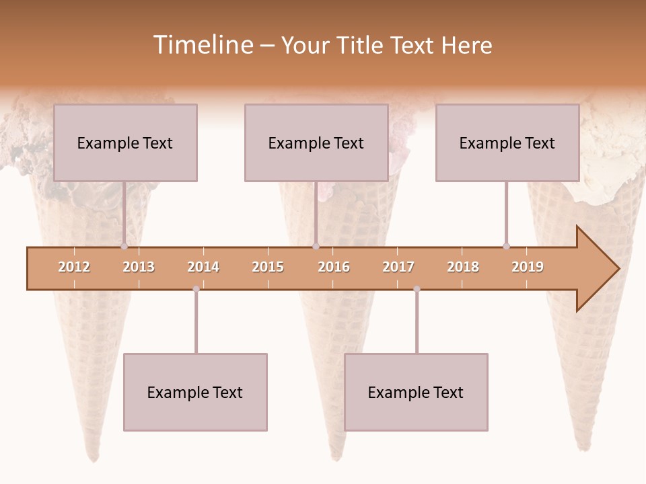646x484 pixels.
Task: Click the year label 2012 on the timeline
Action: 74,267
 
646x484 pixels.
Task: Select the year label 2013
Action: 139,267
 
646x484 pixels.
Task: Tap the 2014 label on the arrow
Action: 203,267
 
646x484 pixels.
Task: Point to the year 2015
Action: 268,267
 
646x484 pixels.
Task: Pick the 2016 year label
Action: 334,267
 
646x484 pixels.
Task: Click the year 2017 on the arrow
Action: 398,267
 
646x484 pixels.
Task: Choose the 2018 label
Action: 463,267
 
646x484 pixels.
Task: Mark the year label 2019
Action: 528,267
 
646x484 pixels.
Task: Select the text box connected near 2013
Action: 125,143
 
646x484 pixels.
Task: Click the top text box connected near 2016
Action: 316,143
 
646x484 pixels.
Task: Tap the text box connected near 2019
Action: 507,143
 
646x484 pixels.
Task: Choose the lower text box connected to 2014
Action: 195,392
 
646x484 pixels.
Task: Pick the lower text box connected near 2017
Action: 416,392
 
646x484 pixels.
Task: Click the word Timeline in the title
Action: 202,45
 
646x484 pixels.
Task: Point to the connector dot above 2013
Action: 124,247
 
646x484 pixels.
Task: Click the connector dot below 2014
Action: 196,289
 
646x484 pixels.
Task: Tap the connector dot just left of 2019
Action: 506,247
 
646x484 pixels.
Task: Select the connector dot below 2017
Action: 417,289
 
